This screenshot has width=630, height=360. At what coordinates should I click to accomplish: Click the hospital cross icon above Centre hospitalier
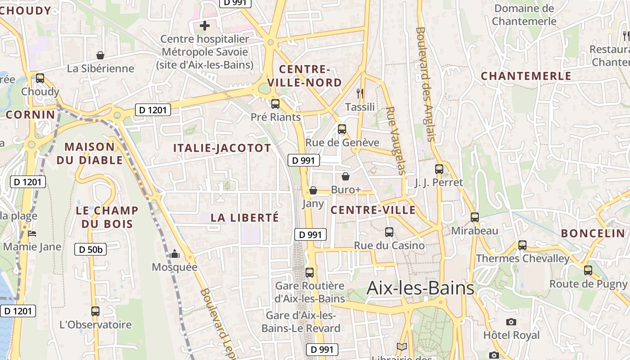[205, 26]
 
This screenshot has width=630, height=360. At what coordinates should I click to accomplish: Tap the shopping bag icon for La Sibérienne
[100, 55]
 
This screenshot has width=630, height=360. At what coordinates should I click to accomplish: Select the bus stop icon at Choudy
[40, 78]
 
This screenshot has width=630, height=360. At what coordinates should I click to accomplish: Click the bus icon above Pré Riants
[275, 104]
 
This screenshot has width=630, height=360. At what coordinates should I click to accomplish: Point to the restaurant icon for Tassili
[360, 94]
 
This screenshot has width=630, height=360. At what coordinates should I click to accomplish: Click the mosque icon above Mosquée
[175, 254]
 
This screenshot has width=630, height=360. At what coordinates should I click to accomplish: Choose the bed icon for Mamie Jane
[32, 234]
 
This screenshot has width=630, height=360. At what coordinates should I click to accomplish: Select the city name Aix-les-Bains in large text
[420, 288]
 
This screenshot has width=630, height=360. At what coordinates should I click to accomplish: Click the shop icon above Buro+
[346, 176]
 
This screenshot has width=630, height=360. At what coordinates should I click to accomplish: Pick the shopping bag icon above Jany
[313, 191]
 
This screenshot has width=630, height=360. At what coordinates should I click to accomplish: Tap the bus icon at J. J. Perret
[439, 169]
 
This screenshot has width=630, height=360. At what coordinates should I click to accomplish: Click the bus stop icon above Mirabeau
[475, 217]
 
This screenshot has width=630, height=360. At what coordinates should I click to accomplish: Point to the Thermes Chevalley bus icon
[522, 245]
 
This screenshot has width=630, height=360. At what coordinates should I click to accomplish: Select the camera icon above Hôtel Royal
[511, 322]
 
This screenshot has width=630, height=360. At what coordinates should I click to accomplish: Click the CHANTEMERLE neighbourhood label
[526, 76]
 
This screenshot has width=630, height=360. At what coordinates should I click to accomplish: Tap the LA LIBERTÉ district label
[245, 218]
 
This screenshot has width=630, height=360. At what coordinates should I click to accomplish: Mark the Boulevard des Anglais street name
[425, 84]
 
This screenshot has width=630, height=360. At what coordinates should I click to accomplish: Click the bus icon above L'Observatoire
[95, 311]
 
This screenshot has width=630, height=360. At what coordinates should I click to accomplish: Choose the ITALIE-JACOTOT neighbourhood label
[222, 148]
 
